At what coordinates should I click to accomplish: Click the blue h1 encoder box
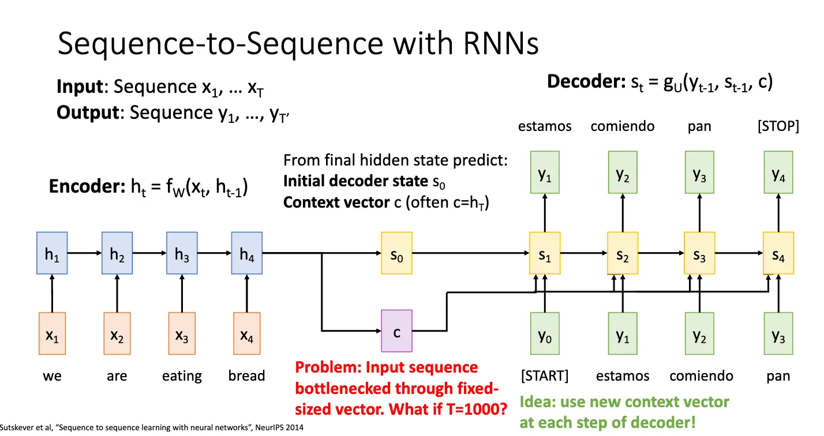pyautogui.click(x=52, y=253)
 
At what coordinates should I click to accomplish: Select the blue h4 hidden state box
pyautogui.click(x=247, y=253)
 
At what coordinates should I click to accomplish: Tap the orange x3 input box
pyautogui.click(x=182, y=333)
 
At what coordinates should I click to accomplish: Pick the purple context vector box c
pyautogui.click(x=396, y=331)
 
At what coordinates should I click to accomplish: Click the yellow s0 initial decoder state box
pyautogui.click(x=396, y=253)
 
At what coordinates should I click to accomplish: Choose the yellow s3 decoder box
pyautogui.click(x=699, y=253)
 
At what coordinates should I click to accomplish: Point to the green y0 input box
pyautogui.click(x=545, y=333)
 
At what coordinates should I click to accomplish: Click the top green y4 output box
pyautogui.click(x=778, y=172)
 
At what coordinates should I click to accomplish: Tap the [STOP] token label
pyautogui.click(x=778, y=126)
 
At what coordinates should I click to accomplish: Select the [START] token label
pyautogui.click(x=545, y=375)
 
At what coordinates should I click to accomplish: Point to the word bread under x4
pyautogui.click(x=246, y=375)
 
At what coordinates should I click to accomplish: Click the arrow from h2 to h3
pyautogui.click(x=149, y=253)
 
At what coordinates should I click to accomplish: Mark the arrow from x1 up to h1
pyautogui.click(x=52, y=294)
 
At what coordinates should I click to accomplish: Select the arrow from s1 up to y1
pyautogui.click(x=545, y=212)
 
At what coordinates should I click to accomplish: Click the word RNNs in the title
pyautogui.click(x=501, y=43)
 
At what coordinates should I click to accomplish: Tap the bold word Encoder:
pyautogui.click(x=87, y=186)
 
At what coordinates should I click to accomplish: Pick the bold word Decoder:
pyautogui.click(x=586, y=81)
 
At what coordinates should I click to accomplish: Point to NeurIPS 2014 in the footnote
pyautogui.click(x=279, y=427)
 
